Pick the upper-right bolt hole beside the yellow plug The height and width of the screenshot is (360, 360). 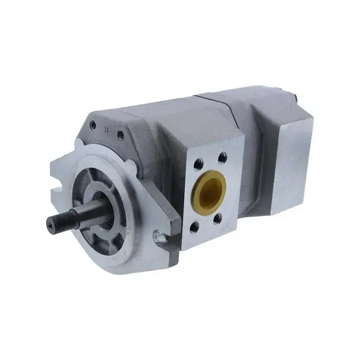coord(223,157)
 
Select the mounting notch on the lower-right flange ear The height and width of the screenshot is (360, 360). coord(157,236)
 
